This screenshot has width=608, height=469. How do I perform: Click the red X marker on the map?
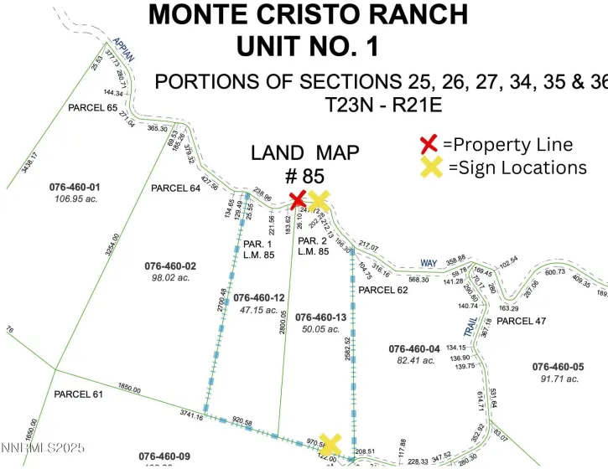(297, 199)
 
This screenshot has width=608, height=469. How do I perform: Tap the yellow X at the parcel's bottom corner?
(330, 444)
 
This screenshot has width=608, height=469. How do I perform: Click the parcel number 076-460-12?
(259, 297)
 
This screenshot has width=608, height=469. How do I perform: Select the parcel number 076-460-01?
(75, 186)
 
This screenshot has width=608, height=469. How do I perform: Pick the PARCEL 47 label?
(533, 321)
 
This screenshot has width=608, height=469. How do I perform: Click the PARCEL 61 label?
(77, 394)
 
